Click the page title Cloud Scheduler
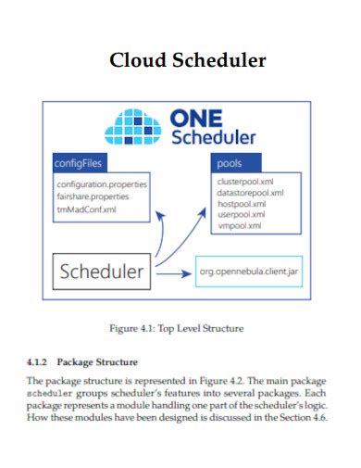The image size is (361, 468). pyautogui.click(x=188, y=60)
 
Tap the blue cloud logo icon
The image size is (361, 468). pyautogui.click(x=135, y=128)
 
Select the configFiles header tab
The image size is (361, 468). pyautogui.click(x=79, y=163)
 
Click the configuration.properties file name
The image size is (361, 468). pyautogui.click(x=102, y=184)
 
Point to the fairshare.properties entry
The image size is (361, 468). pyautogui.click(x=93, y=196)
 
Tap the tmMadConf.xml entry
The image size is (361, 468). pyautogui.click(x=86, y=209)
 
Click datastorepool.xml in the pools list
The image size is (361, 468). pyautogui.click(x=249, y=193)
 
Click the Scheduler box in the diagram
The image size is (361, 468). pyautogui.click(x=102, y=272)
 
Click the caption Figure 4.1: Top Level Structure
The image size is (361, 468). pyautogui.click(x=177, y=328)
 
